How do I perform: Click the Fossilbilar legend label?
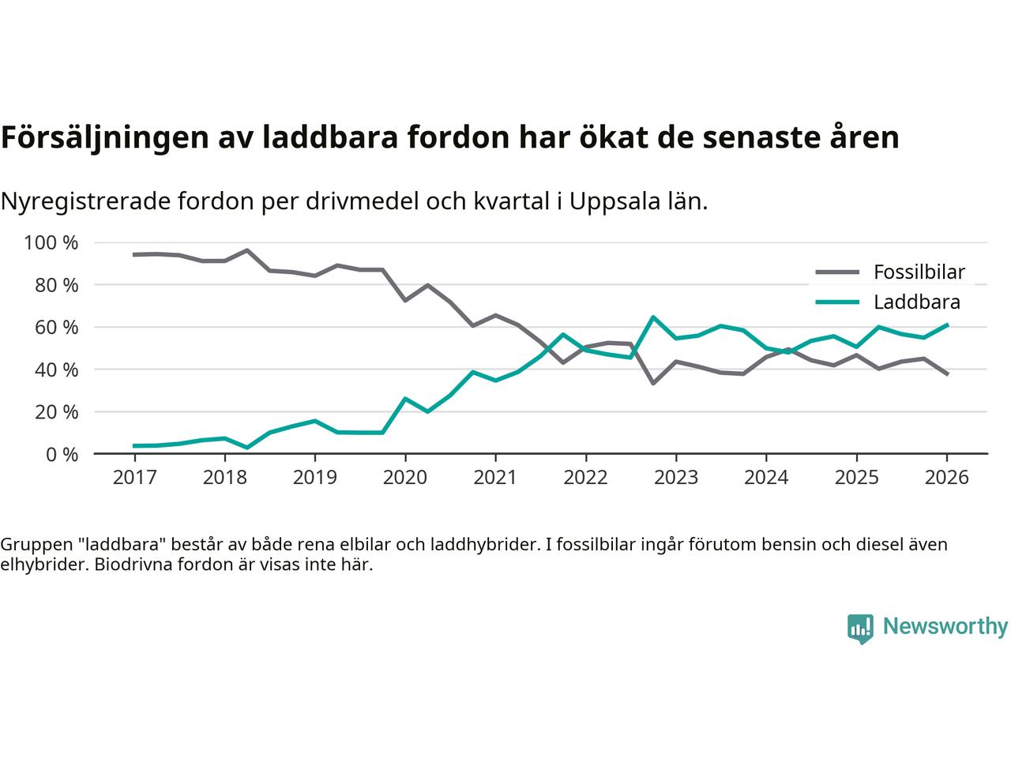(x=919, y=272)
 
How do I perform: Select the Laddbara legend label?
(x=916, y=302)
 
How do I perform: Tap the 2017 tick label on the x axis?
(x=134, y=478)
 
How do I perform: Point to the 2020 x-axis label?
(x=405, y=478)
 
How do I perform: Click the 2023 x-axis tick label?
(x=676, y=478)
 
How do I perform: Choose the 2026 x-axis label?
(x=947, y=478)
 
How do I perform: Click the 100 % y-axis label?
(x=52, y=242)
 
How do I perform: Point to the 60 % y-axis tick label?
(x=58, y=327)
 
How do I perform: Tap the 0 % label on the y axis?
(x=62, y=454)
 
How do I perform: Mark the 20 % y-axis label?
(x=58, y=411)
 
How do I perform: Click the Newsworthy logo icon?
(x=860, y=629)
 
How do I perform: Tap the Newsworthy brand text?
(x=945, y=627)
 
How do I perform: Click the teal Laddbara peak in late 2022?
(x=653, y=317)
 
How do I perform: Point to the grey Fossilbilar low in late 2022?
(x=653, y=383)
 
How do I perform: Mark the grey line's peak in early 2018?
(x=247, y=250)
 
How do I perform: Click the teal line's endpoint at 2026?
(x=947, y=325)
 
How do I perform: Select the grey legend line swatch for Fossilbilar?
(x=836, y=272)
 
